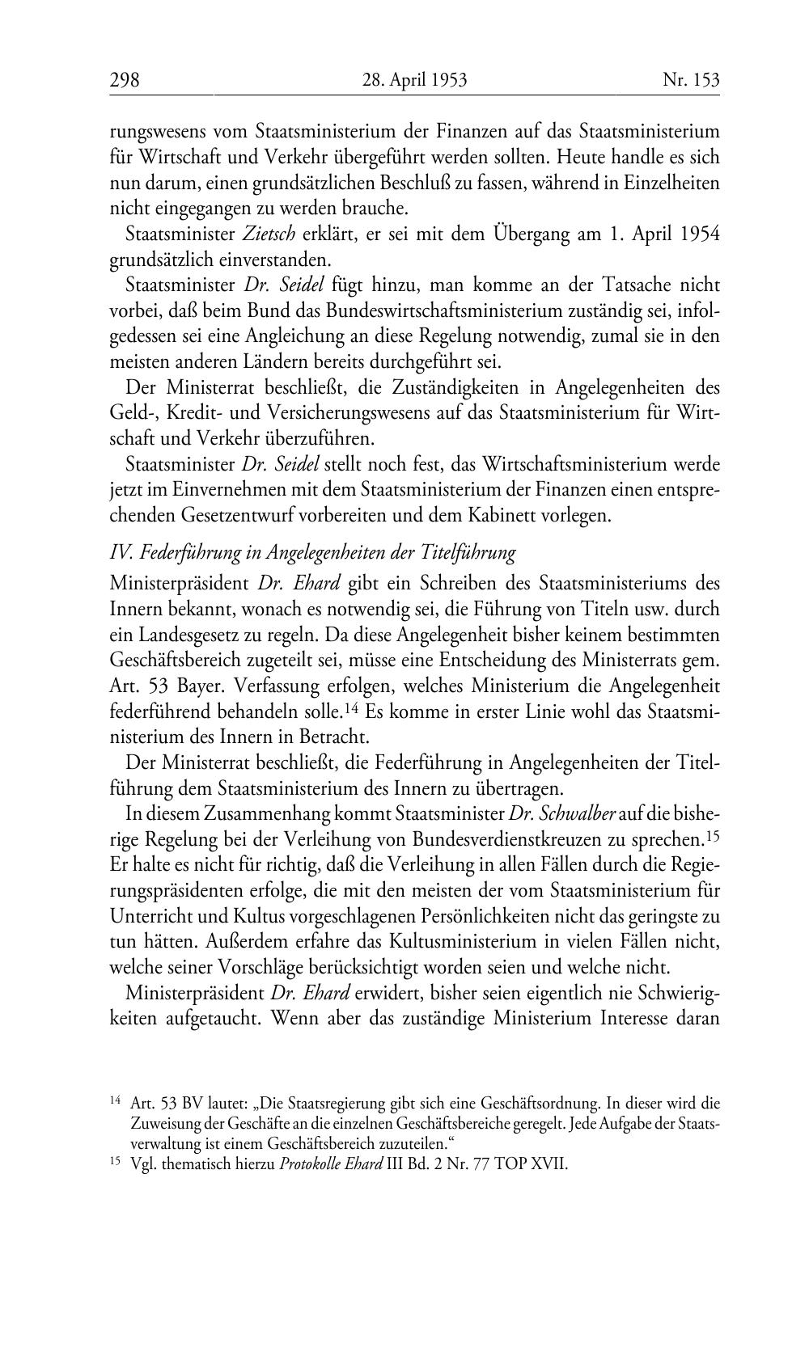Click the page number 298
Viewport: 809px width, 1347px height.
(x=125, y=80)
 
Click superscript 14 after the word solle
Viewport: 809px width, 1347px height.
(x=350, y=709)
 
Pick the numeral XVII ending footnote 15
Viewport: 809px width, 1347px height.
(x=551, y=1166)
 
